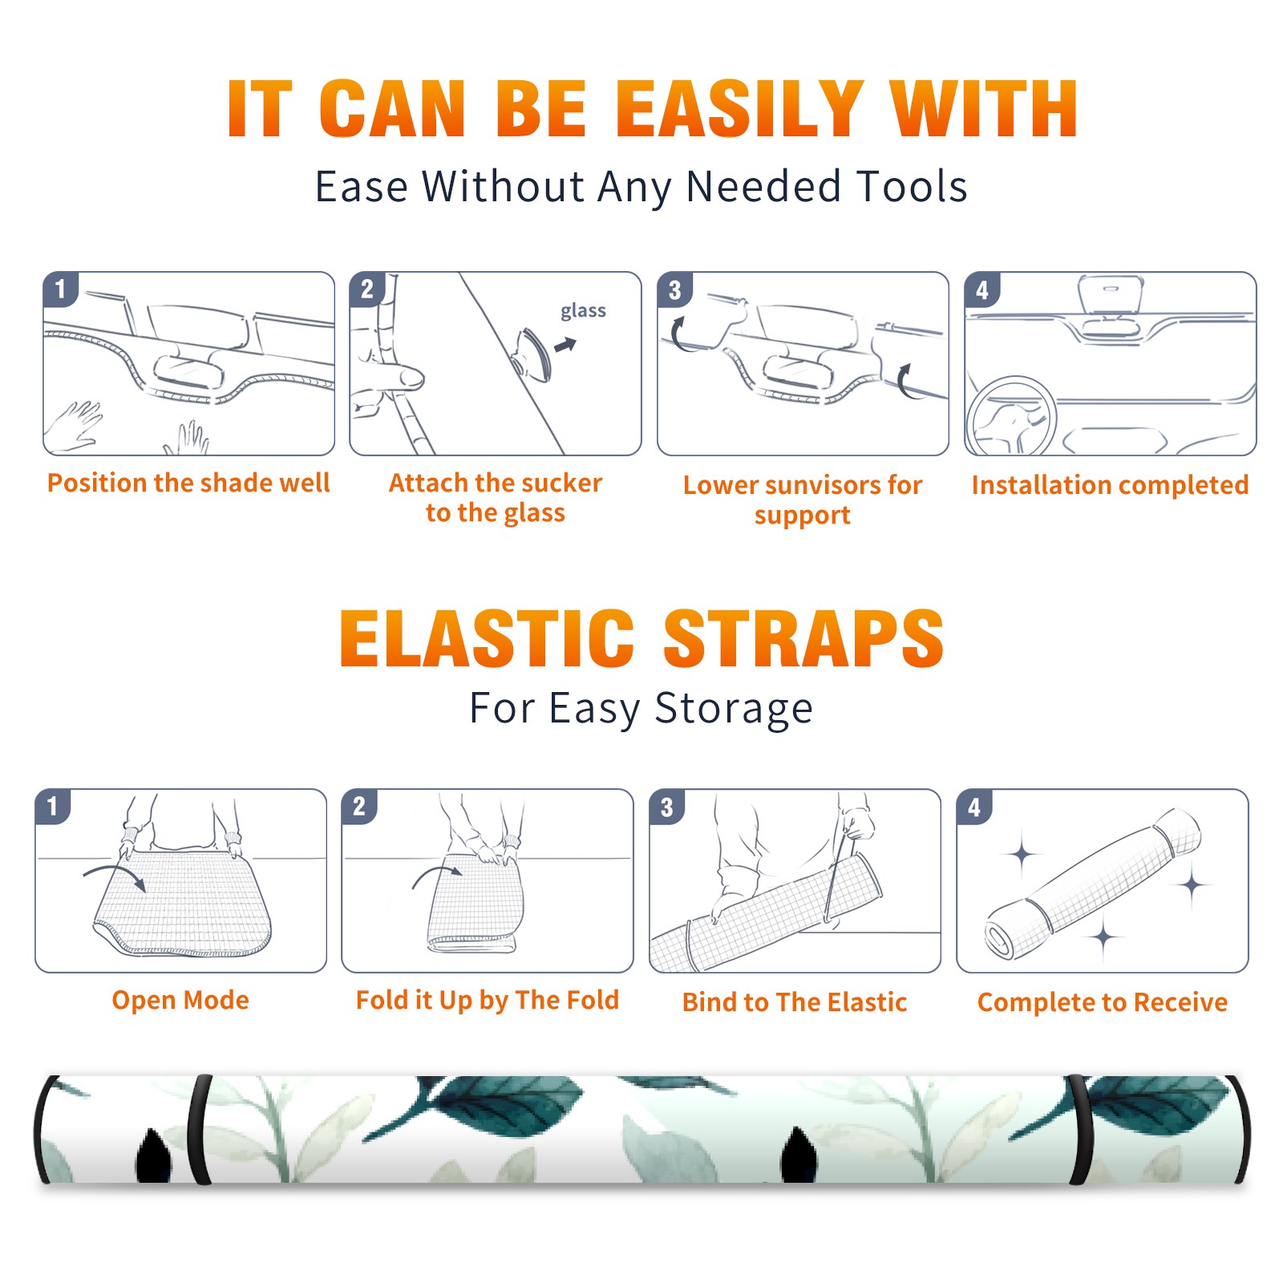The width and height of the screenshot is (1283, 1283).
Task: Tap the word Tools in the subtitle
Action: point(912,187)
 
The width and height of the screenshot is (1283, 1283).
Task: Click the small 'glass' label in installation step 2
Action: point(583,311)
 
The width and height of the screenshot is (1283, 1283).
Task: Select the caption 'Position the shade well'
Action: point(188,483)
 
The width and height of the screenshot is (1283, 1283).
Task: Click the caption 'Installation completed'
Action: point(1110,484)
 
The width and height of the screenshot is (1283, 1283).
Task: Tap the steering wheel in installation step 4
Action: point(1011,417)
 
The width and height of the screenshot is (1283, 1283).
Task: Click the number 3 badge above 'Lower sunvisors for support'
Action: point(674,289)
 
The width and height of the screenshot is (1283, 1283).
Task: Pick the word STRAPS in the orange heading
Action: point(803,638)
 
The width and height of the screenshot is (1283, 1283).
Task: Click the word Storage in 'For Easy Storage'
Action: point(734,709)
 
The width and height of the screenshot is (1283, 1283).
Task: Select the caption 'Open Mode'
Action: point(180,1000)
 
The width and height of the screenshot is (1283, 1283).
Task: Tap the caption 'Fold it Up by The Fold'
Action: point(488,1000)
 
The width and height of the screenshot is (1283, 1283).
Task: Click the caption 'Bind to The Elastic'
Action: point(795,1002)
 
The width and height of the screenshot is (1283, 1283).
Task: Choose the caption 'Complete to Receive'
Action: point(1103,1002)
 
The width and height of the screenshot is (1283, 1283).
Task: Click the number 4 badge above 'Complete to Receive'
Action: point(974,807)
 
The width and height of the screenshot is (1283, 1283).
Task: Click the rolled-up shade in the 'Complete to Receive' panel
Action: point(1092,884)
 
